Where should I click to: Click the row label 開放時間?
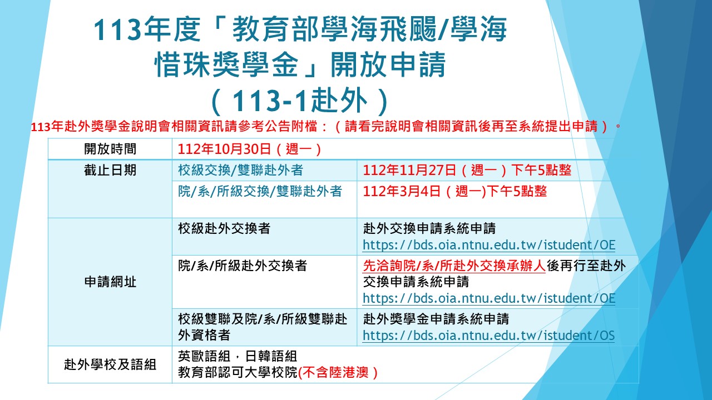(x=110, y=149)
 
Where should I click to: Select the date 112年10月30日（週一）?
(x=250, y=149)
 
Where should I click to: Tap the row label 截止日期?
(x=110, y=170)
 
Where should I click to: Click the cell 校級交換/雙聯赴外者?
(x=241, y=170)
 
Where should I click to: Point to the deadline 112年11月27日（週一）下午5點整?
(x=467, y=170)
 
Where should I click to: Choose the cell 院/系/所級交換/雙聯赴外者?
(x=260, y=191)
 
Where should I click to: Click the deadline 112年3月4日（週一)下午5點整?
(x=454, y=191)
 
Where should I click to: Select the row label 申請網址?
(x=110, y=282)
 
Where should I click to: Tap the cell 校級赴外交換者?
(x=224, y=228)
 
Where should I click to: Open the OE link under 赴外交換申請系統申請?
(x=489, y=245)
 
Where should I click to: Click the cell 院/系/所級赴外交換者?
(x=243, y=266)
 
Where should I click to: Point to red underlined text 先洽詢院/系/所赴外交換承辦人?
(x=454, y=266)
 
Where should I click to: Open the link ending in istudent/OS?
(x=488, y=335)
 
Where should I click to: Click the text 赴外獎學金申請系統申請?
(x=436, y=319)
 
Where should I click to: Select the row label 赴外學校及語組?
(x=110, y=364)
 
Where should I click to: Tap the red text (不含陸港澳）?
(x=338, y=372)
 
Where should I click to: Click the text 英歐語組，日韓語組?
(x=238, y=356)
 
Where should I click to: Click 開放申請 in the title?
(x=388, y=65)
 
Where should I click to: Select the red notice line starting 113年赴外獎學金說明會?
(x=326, y=127)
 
